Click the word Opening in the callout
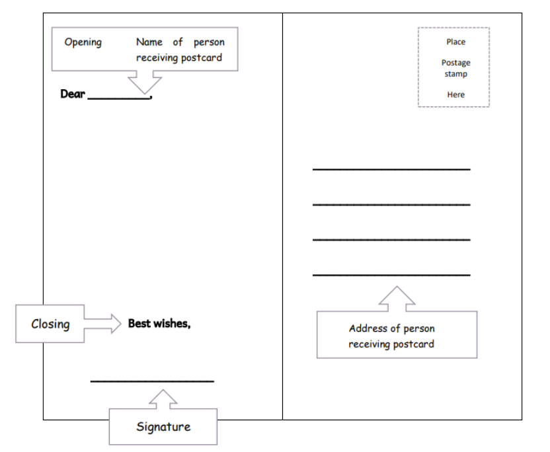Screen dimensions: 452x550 point(83,42)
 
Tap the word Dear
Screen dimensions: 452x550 point(73,94)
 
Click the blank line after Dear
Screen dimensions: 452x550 point(119,98)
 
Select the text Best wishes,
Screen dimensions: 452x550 point(159,323)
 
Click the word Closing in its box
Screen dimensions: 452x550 point(50,324)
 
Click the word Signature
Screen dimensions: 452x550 point(163,426)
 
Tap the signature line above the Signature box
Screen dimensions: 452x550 point(152,381)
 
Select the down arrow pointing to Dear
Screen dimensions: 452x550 point(144,82)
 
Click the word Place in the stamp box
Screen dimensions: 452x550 point(455,42)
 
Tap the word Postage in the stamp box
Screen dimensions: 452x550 point(455,63)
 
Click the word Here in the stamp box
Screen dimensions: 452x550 point(455,94)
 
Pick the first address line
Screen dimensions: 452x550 point(391,170)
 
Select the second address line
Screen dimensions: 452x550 point(391,204)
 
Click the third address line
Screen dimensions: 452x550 point(391,239)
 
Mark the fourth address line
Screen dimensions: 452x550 point(391,274)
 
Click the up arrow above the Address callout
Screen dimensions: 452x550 point(397,299)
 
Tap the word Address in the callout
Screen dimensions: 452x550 point(368,328)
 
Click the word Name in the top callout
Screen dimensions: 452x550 point(149,42)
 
